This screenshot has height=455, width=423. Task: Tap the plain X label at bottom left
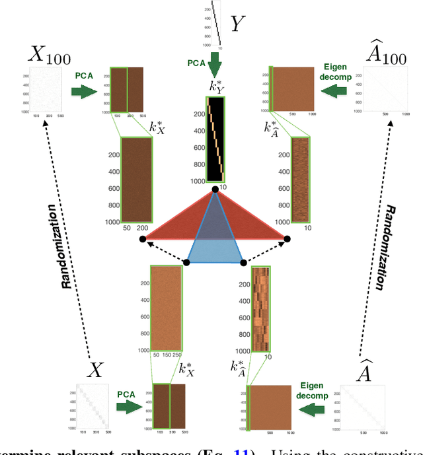pyautogui.click(x=97, y=370)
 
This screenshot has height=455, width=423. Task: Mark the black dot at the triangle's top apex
pyautogui.click(x=215, y=190)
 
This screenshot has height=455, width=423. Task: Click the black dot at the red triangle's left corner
pyautogui.click(x=142, y=238)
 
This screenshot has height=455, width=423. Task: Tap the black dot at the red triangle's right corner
pyautogui.click(x=287, y=238)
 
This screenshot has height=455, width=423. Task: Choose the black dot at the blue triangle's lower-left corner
pyautogui.click(x=187, y=263)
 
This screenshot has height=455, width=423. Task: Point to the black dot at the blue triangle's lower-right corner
pyautogui.click(x=243, y=263)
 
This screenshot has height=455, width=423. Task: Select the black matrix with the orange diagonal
pyautogui.click(x=215, y=139)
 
